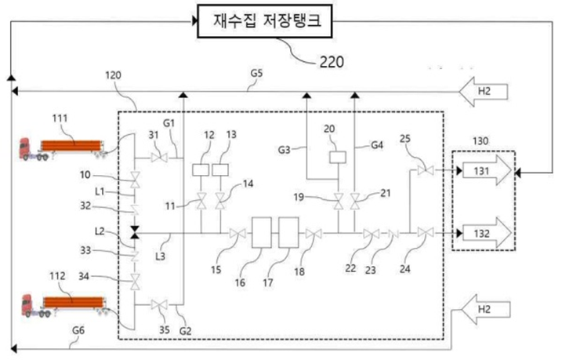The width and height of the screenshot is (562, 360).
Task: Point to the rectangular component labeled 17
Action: coord(289,233)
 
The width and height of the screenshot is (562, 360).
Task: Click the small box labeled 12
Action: coord(199,169)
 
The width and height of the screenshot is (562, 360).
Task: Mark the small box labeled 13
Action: coord(220,169)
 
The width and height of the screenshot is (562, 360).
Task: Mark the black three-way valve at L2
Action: coord(135,233)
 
